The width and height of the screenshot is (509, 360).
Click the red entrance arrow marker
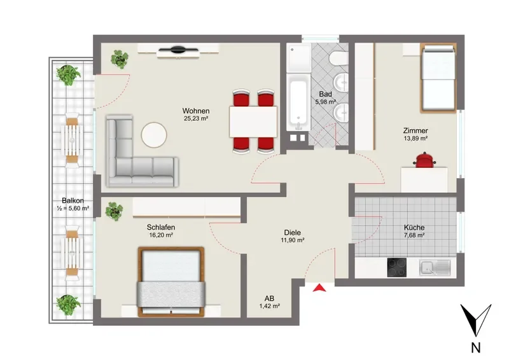pyautogui.click(x=319, y=288)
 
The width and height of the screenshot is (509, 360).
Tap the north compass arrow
pyautogui.click(x=475, y=320)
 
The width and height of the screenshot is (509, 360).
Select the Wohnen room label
pyautogui.click(x=196, y=111)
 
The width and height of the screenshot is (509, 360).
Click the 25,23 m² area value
pyautogui.click(x=196, y=119)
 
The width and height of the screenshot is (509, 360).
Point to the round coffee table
pyautogui.click(x=154, y=134)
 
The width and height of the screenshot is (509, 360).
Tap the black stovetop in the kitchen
pyautogui.click(x=396, y=267)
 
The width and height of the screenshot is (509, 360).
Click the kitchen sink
pyautogui.click(x=435, y=268)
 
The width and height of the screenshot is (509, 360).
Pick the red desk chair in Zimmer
pyautogui.click(x=425, y=160)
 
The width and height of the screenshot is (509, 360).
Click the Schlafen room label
pyautogui.click(x=161, y=228)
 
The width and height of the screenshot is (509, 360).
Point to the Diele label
pyautogui.click(x=292, y=232)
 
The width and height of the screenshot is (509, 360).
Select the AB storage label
pyautogui.click(x=269, y=298)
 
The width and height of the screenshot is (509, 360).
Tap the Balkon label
pyautogui.click(x=73, y=200)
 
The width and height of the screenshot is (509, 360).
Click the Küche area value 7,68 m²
pyautogui.click(x=414, y=235)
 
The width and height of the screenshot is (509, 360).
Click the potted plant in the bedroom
pyautogui.click(x=115, y=211)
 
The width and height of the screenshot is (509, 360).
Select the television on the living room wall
pyautogui.click(x=178, y=50)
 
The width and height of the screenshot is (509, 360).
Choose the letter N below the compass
pyautogui.click(x=475, y=348)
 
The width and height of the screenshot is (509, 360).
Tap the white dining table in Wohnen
pyautogui.click(x=253, y=121)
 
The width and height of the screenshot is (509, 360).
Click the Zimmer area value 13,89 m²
pyautogui.click(x=415, y=138)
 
